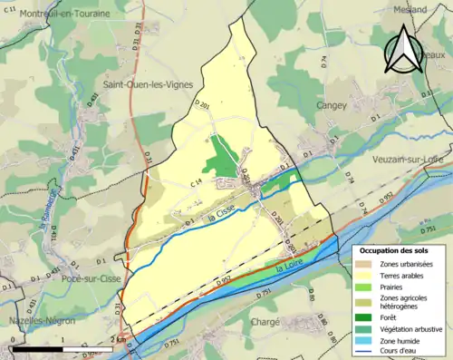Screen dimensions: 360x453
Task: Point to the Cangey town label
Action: pyautogui.click(x=331, y=105)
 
